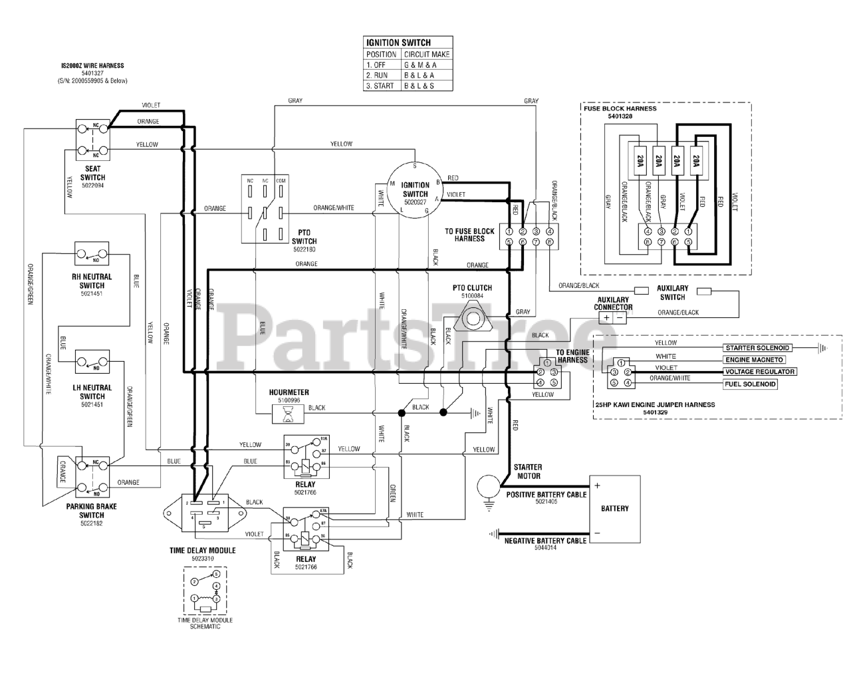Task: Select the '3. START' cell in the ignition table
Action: [381, 86]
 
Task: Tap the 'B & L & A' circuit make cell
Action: [420, 75]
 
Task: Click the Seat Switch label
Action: [92, 173]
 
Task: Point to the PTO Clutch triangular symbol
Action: [472, 315]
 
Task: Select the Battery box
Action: [614, 509]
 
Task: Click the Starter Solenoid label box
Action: [757, 348]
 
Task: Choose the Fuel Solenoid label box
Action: [750, 384]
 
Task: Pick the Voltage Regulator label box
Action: [760, 372]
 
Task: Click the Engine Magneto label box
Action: [755, 360]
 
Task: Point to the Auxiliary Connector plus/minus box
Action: [613, 318]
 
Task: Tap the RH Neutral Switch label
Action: [92, 281]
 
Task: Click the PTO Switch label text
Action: [304, 237]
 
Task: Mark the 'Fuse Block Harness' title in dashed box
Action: [620, 108]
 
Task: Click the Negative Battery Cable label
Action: [545, 541]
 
